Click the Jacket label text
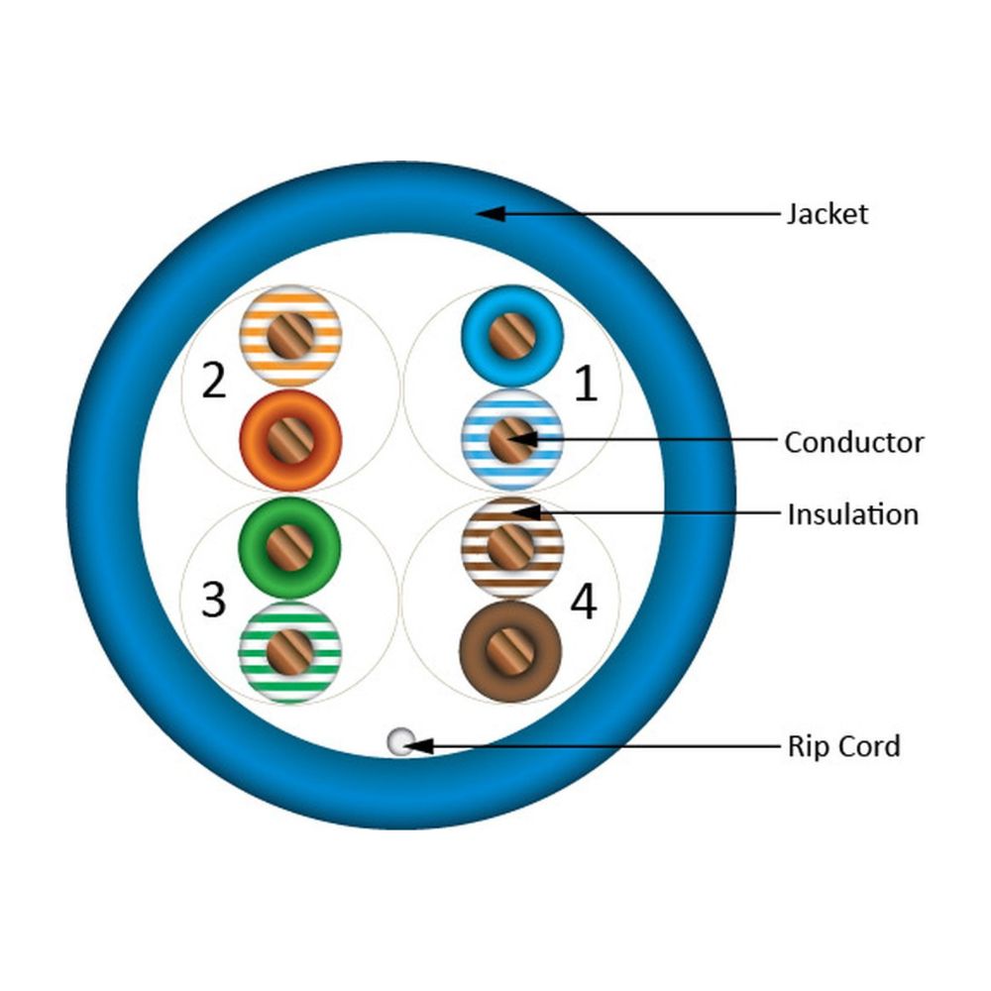click(x=826, y=213)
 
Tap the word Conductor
click(x=853, y=442)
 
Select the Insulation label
click(x=852, y=514)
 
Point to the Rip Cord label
click(x=843, y=745)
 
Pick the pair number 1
click(x=587, y=385)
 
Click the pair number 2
click(x=214, y=382)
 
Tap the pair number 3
click(x=214, y=600)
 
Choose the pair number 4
click(x=585, y=602)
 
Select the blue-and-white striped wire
click(x=512, y=439)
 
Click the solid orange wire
click(x=291, y=439)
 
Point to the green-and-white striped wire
click(x=290, y=651)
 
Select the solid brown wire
click(x=511, y=651)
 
